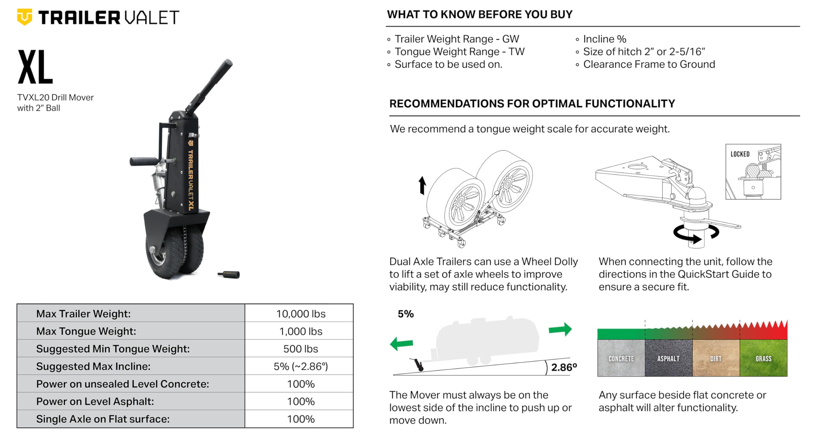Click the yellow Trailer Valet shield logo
pos(24,17)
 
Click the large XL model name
pos(35,67)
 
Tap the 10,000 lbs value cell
pos(300,314)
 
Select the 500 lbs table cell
pos(300,349)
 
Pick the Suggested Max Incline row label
pos(93,366)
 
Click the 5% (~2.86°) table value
pos(300,366)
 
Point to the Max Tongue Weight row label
pos(86,331)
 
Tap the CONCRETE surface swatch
pos(621,358)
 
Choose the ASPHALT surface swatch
pos(669,358)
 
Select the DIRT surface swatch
pos(716,358)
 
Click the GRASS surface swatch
pos(763,358)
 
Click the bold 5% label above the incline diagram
pos(406,314)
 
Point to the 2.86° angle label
pos(564,367)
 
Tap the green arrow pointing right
pos(560,329)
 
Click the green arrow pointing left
pos(401,344)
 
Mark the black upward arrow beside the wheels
pos(422,185)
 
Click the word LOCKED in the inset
pos(740,154)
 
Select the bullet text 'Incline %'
pos(605,39)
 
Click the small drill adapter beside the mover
pos(229,274)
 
